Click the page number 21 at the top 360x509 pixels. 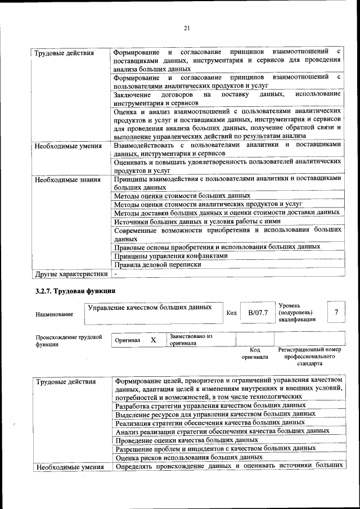point(187,29)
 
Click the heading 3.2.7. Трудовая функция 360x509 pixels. point(75,291)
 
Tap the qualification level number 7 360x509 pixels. point(336,312)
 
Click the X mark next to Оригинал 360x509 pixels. point(153,340)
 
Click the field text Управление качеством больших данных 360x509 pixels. point(150,308)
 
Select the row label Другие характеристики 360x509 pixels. point(71,274)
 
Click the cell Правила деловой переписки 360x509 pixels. point(157,264)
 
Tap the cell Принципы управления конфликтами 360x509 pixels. point(170,255)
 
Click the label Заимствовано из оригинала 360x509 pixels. point(191,339)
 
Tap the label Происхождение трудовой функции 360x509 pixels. point(69,341)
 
